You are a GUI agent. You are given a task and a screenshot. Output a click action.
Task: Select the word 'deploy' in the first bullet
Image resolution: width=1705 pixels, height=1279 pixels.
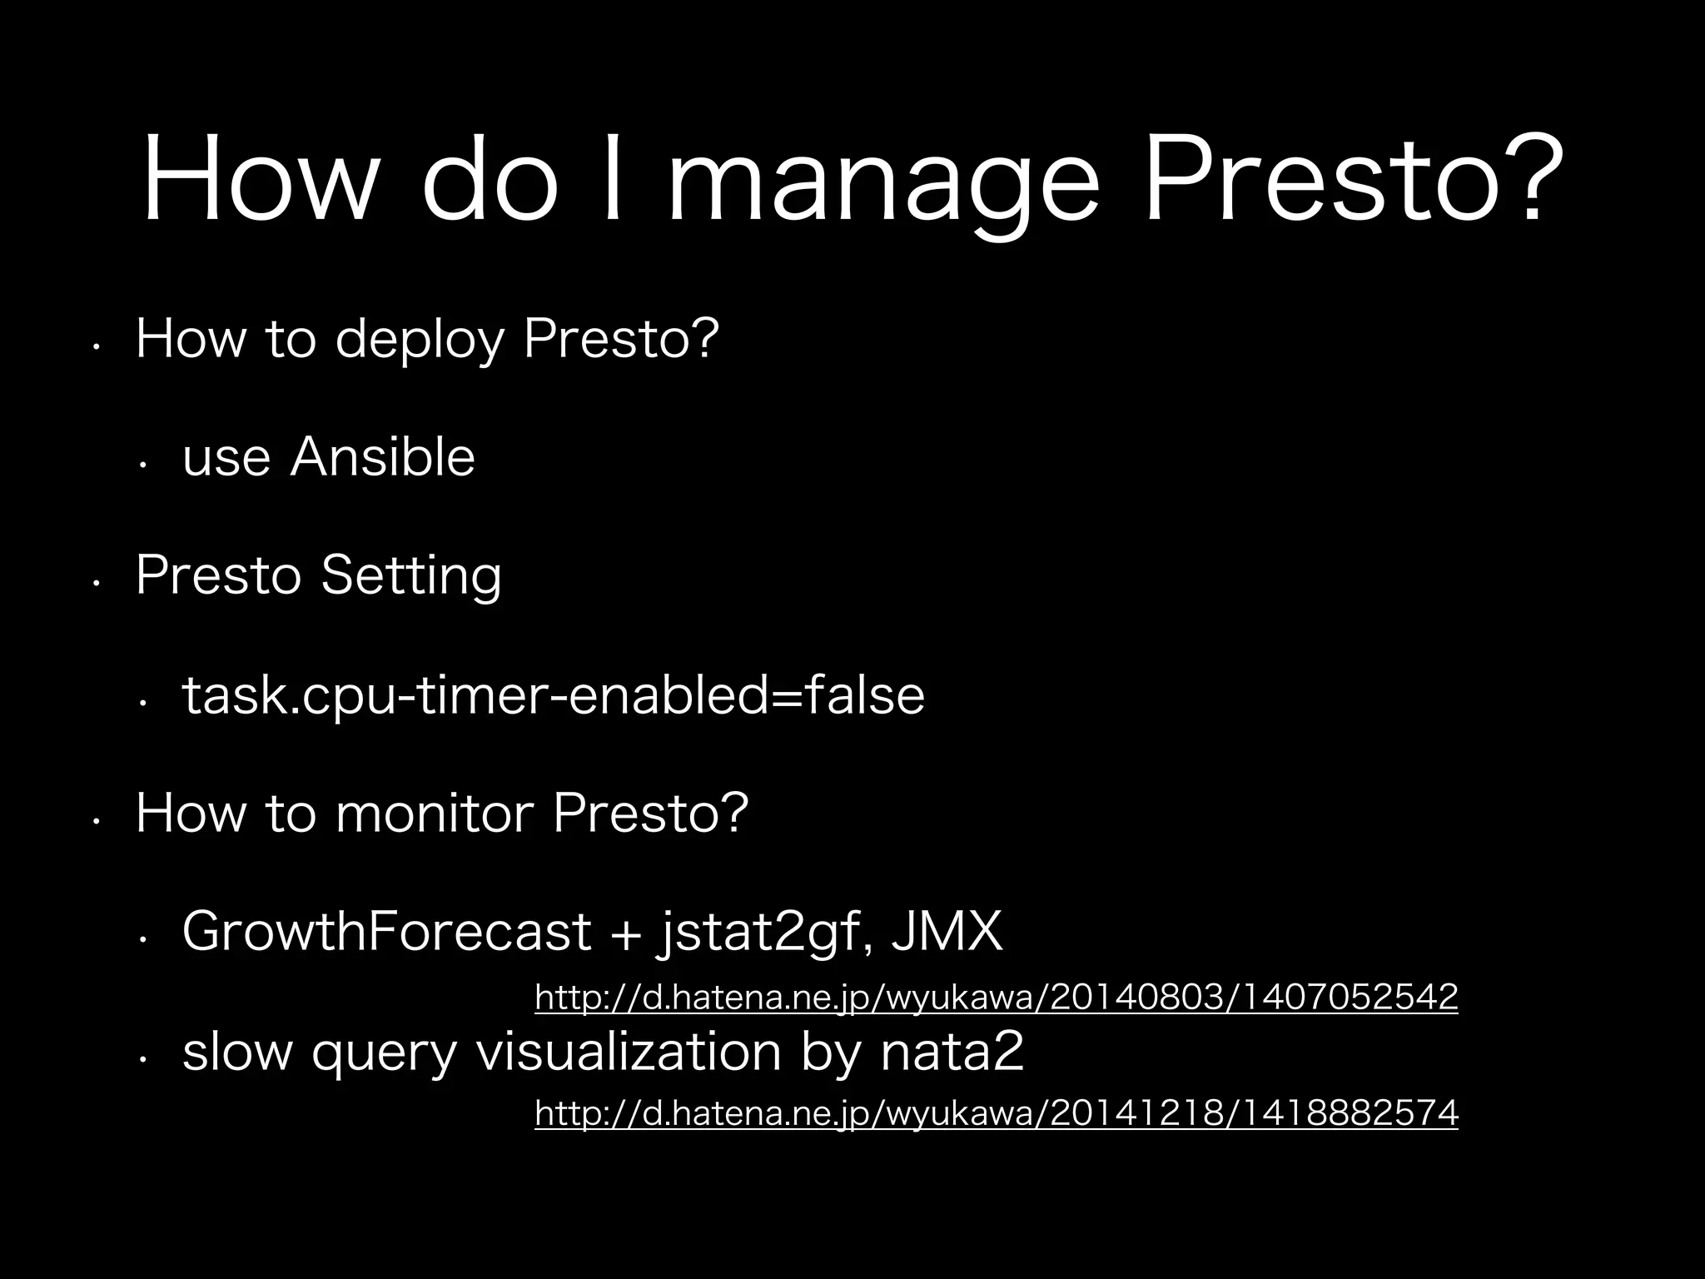point(420,341)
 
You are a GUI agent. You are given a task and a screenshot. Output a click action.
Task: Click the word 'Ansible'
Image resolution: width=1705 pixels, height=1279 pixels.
point(382,457)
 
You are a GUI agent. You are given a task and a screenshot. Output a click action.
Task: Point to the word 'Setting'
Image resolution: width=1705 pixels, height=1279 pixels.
point(411,576)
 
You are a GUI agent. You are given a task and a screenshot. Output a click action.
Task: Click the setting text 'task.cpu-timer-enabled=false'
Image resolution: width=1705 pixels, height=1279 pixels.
point(553,695)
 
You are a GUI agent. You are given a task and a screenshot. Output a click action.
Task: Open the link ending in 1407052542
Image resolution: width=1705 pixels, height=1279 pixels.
point(996,997)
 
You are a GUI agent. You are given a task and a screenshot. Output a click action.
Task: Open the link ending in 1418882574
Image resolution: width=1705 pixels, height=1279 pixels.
point(996,1113)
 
